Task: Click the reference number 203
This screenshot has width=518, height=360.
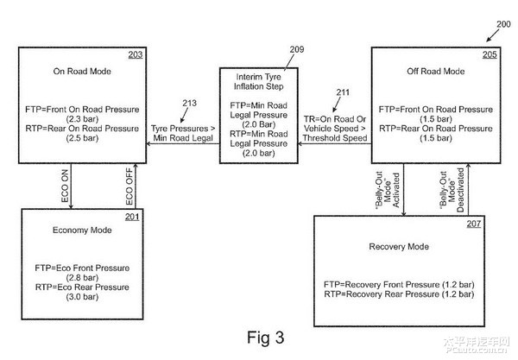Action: coord(136,54)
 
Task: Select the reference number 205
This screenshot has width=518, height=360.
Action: coord(490,54)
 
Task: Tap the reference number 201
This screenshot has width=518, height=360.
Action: coord(132,217)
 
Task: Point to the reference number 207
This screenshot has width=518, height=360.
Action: coord(474,224)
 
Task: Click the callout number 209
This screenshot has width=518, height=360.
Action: coord(297,49)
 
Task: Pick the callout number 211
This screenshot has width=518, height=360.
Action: coord(343,92)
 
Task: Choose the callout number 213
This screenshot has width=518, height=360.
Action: coord(190,104)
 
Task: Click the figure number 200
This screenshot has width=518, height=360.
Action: coord(503,24)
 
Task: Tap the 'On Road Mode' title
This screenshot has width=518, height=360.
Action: coord(82,72)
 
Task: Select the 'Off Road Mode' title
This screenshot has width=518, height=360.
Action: coord(436,72)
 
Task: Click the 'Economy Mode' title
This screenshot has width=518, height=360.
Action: coord(82,231)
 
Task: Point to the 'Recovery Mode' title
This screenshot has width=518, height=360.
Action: coord(399,247)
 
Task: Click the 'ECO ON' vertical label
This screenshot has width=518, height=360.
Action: coord(65,186)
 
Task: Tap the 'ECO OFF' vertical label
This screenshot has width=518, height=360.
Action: coord(129,186)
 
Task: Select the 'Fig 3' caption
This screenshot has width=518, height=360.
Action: coord(266,338)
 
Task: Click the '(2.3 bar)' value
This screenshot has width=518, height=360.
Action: coord(82,119)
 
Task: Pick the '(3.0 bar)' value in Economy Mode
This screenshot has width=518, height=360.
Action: coord(82,297)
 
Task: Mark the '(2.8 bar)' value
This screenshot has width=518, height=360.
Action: coord(82,278)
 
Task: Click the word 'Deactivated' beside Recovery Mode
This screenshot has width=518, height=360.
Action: coord(460,190)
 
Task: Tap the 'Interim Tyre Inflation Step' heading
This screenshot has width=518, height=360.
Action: coord(259,81)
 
